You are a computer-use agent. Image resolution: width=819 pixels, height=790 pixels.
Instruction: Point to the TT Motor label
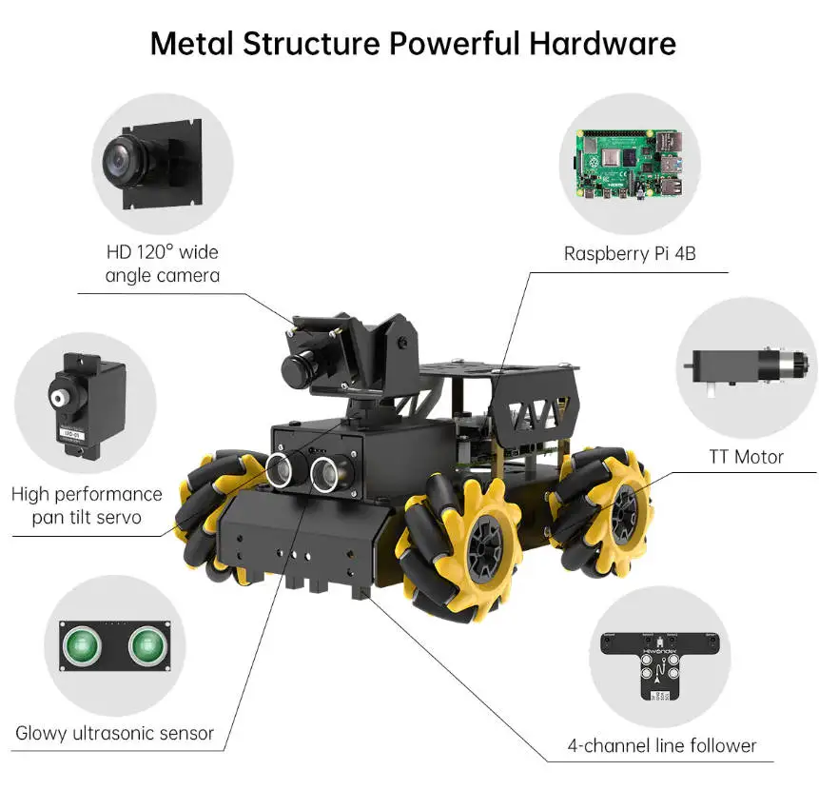tap(745, 457)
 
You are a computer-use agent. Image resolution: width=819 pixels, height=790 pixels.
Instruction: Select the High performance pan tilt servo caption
tap(87, 505)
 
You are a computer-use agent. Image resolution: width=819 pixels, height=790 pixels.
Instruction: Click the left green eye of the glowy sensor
tap(82, 647)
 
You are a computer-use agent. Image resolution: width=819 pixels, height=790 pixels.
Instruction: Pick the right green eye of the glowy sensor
tap(146, 647)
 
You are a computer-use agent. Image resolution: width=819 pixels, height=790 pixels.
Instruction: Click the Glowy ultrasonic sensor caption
tap(114, 734)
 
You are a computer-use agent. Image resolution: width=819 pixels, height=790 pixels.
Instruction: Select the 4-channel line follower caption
tap(661, 745)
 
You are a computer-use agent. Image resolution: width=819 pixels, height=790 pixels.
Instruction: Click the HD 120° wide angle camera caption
tap(162, 264)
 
